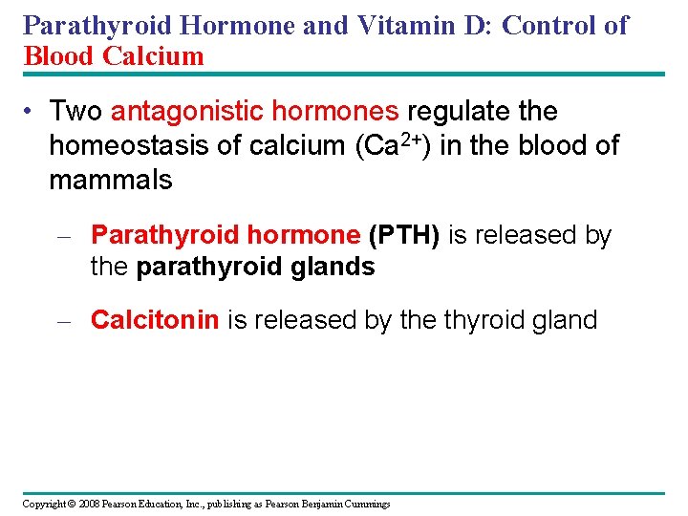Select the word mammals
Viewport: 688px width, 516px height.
click(110, 179)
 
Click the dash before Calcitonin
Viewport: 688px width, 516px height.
click(64, 321)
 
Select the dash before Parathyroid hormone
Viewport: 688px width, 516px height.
click(64, 236)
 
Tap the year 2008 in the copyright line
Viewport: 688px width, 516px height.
click(89, 504)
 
